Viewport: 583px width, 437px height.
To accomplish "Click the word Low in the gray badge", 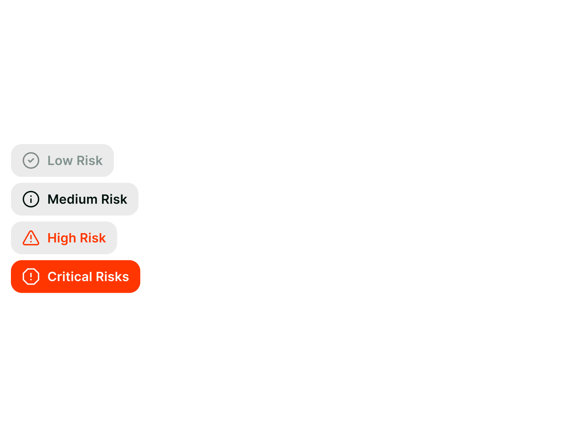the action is tap(60, 161).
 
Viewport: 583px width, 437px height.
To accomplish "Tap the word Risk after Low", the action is tap(90, 161).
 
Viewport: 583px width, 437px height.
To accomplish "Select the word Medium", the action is tap(72, 199).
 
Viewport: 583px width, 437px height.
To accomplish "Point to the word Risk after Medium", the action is tap(114, 199).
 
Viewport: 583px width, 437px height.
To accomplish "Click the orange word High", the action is tap(62, 238).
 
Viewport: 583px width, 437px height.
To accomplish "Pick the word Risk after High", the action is tap(93, 238).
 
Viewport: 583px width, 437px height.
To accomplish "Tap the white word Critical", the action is tap(70, 277).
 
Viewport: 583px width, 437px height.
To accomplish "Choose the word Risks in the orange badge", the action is tap(112, 277).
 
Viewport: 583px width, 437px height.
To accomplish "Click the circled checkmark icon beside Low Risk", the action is tap(31, 161).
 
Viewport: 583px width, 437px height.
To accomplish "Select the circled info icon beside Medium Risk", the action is tap(31, 199).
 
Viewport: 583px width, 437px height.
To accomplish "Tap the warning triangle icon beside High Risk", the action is tap(31, 238).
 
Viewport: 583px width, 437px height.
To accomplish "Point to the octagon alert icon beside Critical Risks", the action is tap(31, 277).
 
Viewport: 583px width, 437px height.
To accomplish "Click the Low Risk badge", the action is tap(62, 161).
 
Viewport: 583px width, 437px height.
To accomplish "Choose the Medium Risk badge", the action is tap(74, 199).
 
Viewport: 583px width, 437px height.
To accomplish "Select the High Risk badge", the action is tap(64, 238).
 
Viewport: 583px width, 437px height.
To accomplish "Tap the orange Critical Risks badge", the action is tap(75, 277).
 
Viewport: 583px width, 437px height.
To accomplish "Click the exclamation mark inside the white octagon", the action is tap(31, 277).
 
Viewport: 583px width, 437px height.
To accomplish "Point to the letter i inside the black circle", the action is tap(31, 200).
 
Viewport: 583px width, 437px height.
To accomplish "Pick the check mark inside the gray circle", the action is tap(31, 161).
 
